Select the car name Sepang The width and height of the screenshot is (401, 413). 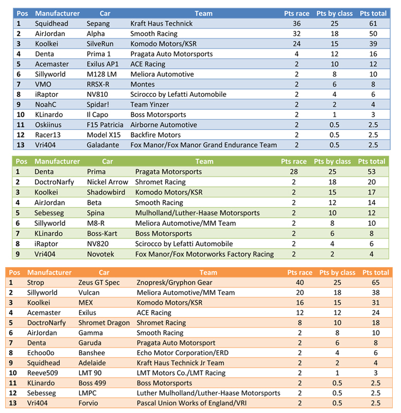click(98, 24)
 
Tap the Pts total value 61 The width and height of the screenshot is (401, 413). click(373, 24)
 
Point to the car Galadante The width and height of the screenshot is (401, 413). click(103, 145)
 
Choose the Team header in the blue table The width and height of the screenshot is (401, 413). click(204, 13)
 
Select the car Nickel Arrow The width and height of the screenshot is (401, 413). click(108, 182)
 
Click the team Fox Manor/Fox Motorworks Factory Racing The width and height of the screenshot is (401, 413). click(204, 254)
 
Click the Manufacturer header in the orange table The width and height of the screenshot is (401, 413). click(49, 272)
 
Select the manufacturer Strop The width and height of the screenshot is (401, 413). click(36, 283)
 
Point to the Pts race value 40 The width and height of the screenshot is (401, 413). click(300, 283)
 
